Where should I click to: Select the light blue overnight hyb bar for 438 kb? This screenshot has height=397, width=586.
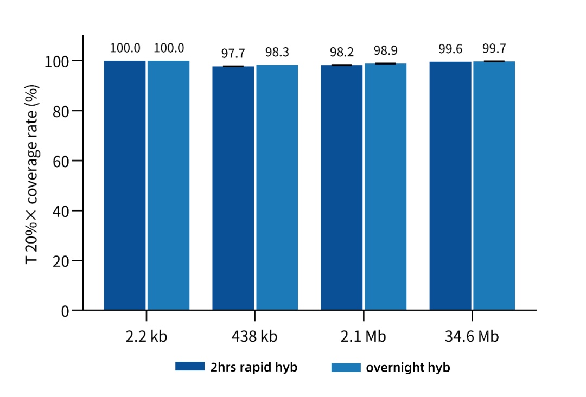[x=277, y=187]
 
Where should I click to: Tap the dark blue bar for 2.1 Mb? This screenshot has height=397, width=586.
[x=342, y=187]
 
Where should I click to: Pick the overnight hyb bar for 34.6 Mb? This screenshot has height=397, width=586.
[x=494, y=185]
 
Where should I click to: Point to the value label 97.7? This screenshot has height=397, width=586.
[x=233, y=53]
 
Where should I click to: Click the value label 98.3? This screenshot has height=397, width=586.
[x=277, y=52]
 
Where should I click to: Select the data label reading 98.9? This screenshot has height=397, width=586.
[x=386, y=51]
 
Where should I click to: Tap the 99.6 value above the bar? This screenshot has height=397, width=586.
[x=450, y=49]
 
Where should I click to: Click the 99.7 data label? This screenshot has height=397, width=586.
[x=494, y=49]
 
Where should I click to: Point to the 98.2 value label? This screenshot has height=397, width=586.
[x=342, y=52]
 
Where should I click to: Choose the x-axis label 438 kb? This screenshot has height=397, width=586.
[x=255, y=336]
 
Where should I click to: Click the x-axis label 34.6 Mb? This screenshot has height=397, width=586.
[x=472, y=336]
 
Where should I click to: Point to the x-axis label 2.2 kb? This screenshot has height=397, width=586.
[x=146, y=336]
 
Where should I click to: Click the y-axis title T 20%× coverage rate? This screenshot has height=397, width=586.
[x=33, y=174]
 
